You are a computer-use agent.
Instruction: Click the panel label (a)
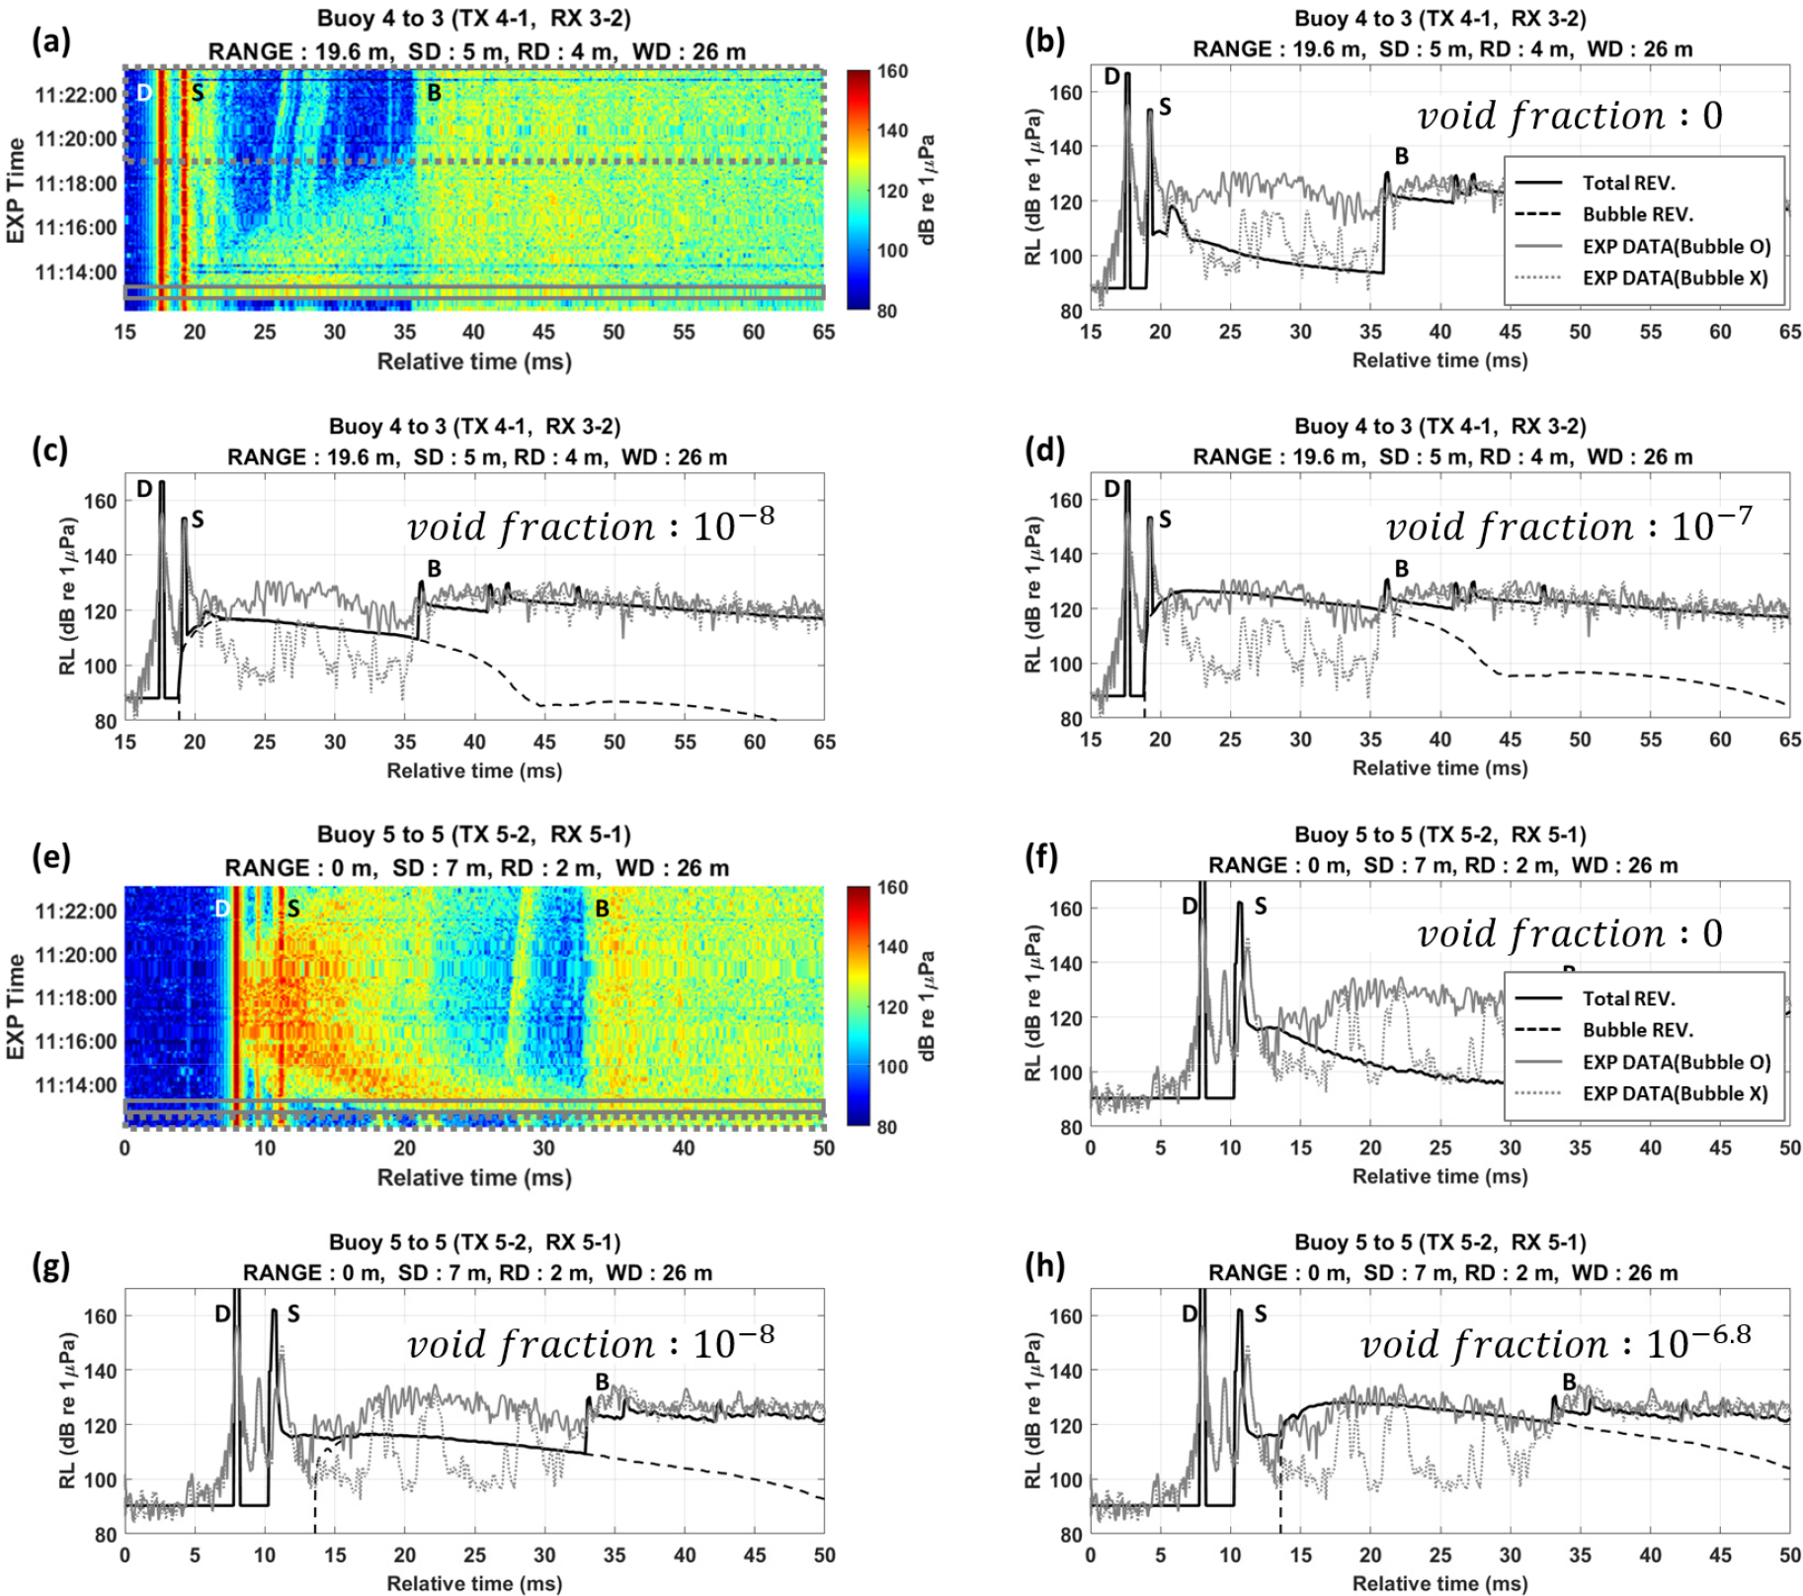(x=50, y=41)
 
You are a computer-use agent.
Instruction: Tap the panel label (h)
(x=1045, y=1265)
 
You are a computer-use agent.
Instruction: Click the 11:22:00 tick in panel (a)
(x=75, y=95)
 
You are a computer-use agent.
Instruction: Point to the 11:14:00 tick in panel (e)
(x=75, y=1085)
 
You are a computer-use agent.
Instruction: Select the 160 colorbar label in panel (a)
(x=892, y=71)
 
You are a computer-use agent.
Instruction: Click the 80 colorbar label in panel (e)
(x=886, y=1127)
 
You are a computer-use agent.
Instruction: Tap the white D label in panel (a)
(x=144, y=93)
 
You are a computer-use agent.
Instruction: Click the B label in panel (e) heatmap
(x=602, y=909)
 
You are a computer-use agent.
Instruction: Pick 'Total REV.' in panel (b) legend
(x=1628, y=183)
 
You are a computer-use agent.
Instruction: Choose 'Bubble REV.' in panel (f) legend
(x=1637, y=1030)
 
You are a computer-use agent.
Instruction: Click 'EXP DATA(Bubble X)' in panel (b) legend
(x=1675, y=278)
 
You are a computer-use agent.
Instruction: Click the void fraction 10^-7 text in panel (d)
(x=1569, y=525)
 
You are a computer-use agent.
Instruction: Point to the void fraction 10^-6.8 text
(x=1555, y=1343)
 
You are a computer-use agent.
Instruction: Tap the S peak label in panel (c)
(x=198, y=519)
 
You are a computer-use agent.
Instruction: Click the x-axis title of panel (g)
(x=474, y=1583)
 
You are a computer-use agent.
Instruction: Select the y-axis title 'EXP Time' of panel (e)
(x=16, y=1006)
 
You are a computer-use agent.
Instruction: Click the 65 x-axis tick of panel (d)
(x=1789, y=740)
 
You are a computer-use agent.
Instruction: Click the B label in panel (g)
(x=602, y=1382)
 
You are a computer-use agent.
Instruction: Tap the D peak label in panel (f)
(x=1189, y=906)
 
